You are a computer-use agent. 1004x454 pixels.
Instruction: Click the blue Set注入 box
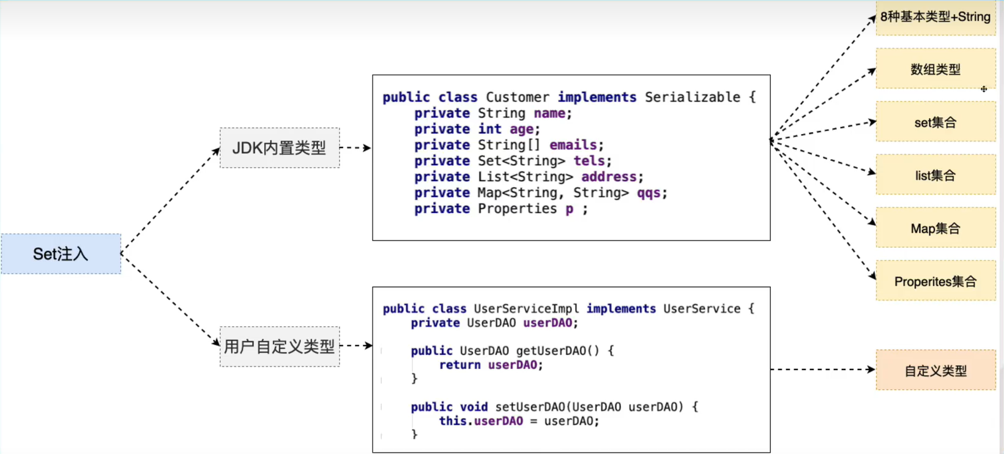point(61,254)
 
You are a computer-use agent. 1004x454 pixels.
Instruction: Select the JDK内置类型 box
point(280,148)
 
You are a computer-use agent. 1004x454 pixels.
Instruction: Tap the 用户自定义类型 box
point(280,346)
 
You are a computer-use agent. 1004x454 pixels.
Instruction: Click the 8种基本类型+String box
point(936,17)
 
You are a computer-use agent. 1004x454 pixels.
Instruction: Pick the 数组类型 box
point(936,69)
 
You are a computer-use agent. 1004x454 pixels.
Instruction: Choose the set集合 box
point(936,122)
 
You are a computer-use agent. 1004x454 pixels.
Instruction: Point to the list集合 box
point(936,174)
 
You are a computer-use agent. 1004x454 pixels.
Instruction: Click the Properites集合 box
point(936,281)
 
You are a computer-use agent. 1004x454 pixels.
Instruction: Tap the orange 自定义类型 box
point(936,370)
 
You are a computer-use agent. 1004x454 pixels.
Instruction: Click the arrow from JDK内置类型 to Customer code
point(355,147)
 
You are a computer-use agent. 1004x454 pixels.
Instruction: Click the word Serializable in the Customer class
point(693,97)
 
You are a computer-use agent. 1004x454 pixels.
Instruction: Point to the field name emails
point(573,145)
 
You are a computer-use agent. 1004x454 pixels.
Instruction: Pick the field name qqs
point(649,193)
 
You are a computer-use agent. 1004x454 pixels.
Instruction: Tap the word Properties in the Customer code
point(518,209)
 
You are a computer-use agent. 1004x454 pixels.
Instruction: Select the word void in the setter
point(474,406)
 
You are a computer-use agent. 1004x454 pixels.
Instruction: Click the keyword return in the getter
point(460,365)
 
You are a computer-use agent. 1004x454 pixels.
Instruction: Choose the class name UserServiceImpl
point(526,309)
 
